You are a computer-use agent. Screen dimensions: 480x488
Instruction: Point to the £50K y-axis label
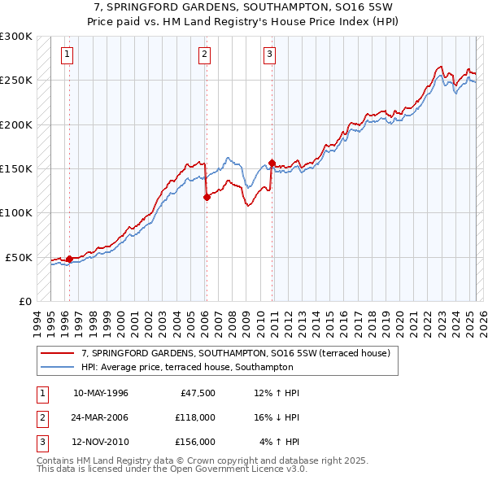(x=19, y=257)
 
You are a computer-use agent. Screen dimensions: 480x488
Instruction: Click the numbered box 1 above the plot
(x=66, y=55)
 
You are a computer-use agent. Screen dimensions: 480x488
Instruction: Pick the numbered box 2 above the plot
(x=204, y=55)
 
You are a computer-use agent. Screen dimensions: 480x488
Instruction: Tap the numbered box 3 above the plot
(x=269, y=55)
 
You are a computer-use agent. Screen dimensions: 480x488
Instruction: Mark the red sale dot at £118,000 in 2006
(x=207, y=197)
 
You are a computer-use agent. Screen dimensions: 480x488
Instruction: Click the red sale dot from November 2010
(x=272, y=163)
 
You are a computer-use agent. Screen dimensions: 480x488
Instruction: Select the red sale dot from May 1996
(x=70, y=259)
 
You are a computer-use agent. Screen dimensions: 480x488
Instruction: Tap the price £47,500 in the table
(x=195, y=393)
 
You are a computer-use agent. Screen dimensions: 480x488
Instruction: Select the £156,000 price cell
(x=195, y=442)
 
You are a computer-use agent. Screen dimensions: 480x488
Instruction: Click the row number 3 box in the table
(x=41, y=442)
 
